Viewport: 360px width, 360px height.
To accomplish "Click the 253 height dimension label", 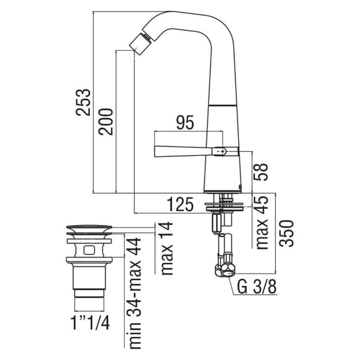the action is (x=83, y=102).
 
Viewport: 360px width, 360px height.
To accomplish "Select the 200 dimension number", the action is (x=106, y=122).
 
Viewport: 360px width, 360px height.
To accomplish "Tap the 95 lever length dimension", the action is (x=185, y=122).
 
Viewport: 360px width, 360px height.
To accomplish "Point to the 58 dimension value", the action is (x=261, y=172).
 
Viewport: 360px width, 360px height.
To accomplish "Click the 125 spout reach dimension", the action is (x=180, y=205).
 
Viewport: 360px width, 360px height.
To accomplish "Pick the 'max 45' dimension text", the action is (x=262, y=223).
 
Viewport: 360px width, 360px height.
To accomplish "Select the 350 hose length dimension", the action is (x=287, y=233).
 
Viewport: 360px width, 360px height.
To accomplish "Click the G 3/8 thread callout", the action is (x=256, y=286).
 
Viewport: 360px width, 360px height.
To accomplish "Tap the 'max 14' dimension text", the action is (x=167, y=248).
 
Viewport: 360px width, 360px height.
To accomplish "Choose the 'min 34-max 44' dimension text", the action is (x=134, y=293).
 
